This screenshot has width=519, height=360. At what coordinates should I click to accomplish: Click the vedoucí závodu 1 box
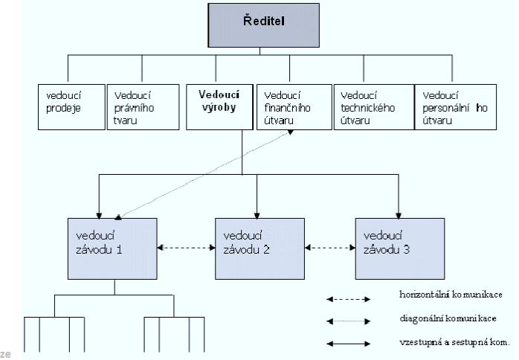112,248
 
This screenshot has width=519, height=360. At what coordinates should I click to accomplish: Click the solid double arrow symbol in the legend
348,344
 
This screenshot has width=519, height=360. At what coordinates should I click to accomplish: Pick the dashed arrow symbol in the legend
348,300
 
